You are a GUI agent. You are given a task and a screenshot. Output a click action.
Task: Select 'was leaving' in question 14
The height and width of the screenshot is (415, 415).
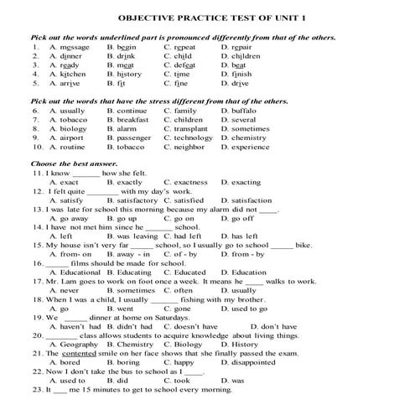[137, 236]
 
